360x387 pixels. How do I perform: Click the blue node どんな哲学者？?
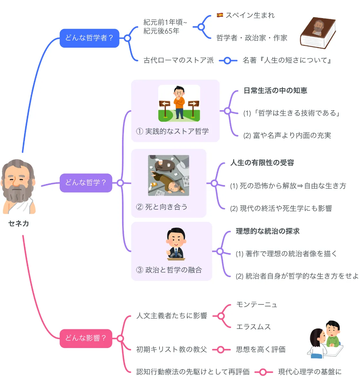click(89, 38)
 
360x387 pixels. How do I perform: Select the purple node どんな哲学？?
click(86, 183)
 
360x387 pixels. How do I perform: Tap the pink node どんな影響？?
click(86, 338)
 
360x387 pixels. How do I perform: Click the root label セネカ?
click(18, 223)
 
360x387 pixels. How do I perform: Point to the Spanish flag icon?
click(220, 15)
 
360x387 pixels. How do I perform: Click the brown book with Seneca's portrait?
click(318, 33)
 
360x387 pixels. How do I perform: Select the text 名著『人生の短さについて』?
click(287, 60)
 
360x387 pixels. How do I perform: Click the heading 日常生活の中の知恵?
click(275, 91)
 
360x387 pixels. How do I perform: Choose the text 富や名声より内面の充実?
click(292, 135)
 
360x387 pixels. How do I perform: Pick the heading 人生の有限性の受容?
click(262, 163)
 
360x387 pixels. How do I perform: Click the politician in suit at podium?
click(176, 243)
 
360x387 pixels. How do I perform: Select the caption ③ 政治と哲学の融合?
click(169, 270)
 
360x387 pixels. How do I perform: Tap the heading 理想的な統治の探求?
click(268, 231)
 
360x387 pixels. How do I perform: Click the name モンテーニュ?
click(257, 304)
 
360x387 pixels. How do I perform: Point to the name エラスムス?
click(253, 327)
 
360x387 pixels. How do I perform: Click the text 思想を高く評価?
click(261, 349)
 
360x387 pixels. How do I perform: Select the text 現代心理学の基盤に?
click(310, 372)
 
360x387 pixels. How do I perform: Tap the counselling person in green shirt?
click(333, 334)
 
